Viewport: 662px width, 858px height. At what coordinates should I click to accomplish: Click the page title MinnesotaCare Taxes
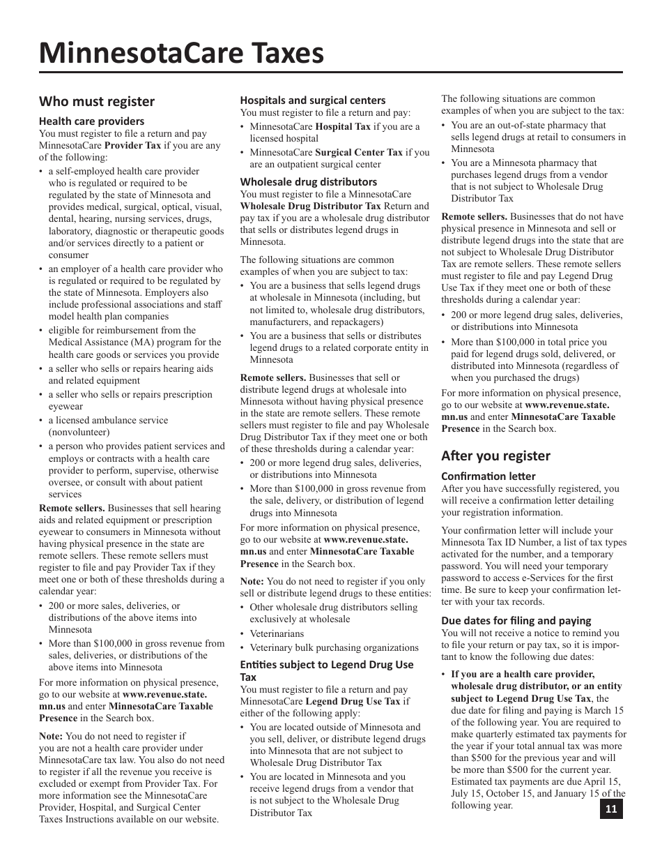pos(181,53)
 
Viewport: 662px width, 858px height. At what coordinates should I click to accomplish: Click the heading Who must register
pos(97,102)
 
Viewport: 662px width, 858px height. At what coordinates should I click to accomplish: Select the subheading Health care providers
pos(91,121)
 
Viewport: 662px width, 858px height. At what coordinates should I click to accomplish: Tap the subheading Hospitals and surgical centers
pos(313,100)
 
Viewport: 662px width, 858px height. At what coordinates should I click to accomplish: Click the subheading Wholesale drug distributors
pos(309,182)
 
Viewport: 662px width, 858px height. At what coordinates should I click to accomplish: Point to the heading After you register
pos(495,456)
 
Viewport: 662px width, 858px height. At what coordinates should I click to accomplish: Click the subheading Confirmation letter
pos(488,476)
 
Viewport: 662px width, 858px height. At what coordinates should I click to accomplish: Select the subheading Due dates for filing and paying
pos(516,621)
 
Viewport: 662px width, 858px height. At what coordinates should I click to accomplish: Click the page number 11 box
pos(611,809)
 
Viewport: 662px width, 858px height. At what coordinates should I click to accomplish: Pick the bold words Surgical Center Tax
pos(359,152)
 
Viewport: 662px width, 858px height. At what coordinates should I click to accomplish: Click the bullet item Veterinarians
pos(277,634)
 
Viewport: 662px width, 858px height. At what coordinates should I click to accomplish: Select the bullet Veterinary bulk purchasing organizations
pos(334,648)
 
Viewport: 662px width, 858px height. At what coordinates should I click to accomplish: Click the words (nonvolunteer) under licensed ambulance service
pos(79,432)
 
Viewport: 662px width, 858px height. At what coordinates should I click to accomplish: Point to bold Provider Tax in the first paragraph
pos(134,146)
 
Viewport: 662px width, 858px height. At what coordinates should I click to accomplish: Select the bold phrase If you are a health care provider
pos(523,675)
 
